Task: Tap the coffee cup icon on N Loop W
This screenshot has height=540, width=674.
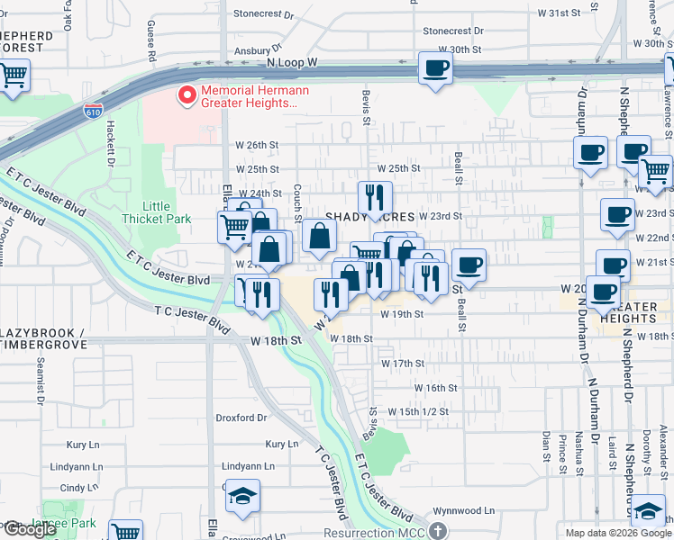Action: pyautogui.click(x=435, y=68)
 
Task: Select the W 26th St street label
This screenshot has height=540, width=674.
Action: pyautogui.click(x=257, y=145)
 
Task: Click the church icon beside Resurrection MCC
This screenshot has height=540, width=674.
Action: pyautogui.click(x=438, y=531)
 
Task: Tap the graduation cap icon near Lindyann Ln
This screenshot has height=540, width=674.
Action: pyautogui.click(x=242, y=498)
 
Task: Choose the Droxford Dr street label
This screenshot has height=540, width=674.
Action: pyautogui.click(x=241, y=418)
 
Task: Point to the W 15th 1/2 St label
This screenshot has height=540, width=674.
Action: pyautogui.click(x=418, y=411)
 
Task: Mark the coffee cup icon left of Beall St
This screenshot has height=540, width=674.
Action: pyautogui.click(x=469, y=265)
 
